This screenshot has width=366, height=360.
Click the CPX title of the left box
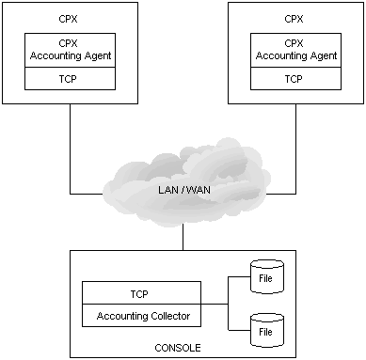click(69, 17)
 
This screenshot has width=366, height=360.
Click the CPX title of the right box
click(296, 17)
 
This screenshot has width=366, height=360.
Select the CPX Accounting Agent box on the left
click(70, 49)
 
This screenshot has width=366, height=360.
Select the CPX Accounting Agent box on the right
click(296, 49)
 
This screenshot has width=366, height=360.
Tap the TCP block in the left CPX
click(70, 78)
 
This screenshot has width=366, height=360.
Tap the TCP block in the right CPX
click(296, 78)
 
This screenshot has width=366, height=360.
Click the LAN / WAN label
click(183, 193)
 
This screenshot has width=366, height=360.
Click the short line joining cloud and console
click(183, 239)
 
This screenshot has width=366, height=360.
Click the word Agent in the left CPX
click(99, 55)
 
